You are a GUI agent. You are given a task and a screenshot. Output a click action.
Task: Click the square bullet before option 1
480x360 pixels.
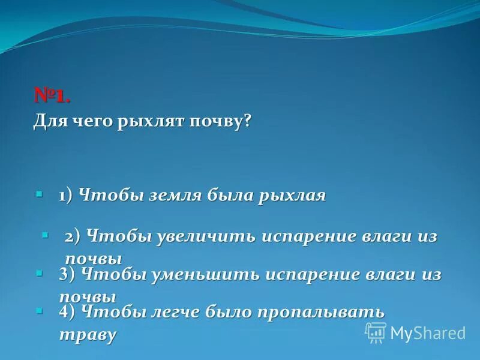[x=39, y=195]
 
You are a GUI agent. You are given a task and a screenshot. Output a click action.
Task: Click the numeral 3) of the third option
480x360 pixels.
[x=67, y=275]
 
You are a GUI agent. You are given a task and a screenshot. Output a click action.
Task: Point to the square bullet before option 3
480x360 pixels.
[x=39, y=272]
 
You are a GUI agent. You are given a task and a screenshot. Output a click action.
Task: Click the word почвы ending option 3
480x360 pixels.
[x=88, y=296]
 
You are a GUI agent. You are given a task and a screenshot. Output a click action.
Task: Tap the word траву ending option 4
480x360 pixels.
[x=87, y=334]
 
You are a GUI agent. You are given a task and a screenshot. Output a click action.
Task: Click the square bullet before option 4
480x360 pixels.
[x=39, y=310]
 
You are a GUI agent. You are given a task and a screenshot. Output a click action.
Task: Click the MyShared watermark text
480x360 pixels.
[x=428, y=333]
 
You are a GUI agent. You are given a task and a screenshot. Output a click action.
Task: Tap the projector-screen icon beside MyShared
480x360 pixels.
[x=376, y=332]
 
